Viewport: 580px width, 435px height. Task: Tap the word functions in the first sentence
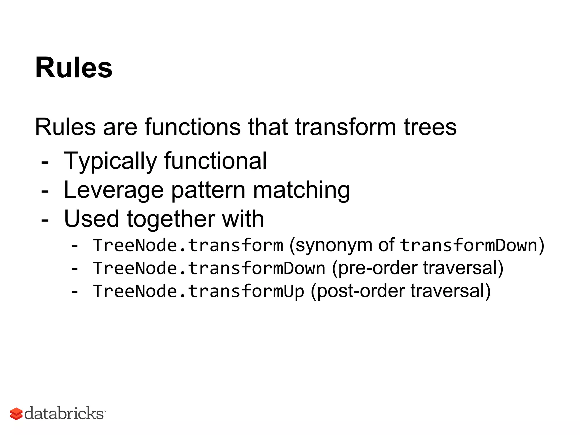tap(193, 127)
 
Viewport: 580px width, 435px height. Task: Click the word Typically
tap(110, 161)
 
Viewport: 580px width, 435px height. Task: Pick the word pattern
tap(208, 190)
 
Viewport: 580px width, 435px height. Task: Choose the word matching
tap(301, 190)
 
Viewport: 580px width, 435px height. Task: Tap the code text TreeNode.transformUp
tap(198, 291)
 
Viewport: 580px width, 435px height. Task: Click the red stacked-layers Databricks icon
tap(16, 414)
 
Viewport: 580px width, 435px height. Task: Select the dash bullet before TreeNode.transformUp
tap(74, 292)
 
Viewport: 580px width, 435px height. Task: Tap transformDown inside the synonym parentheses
tap(469, 245)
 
